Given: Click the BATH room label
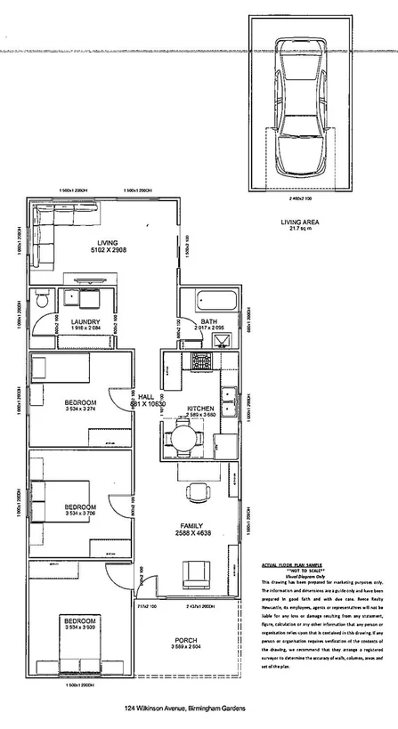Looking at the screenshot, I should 209,321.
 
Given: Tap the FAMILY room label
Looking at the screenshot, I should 191,525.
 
